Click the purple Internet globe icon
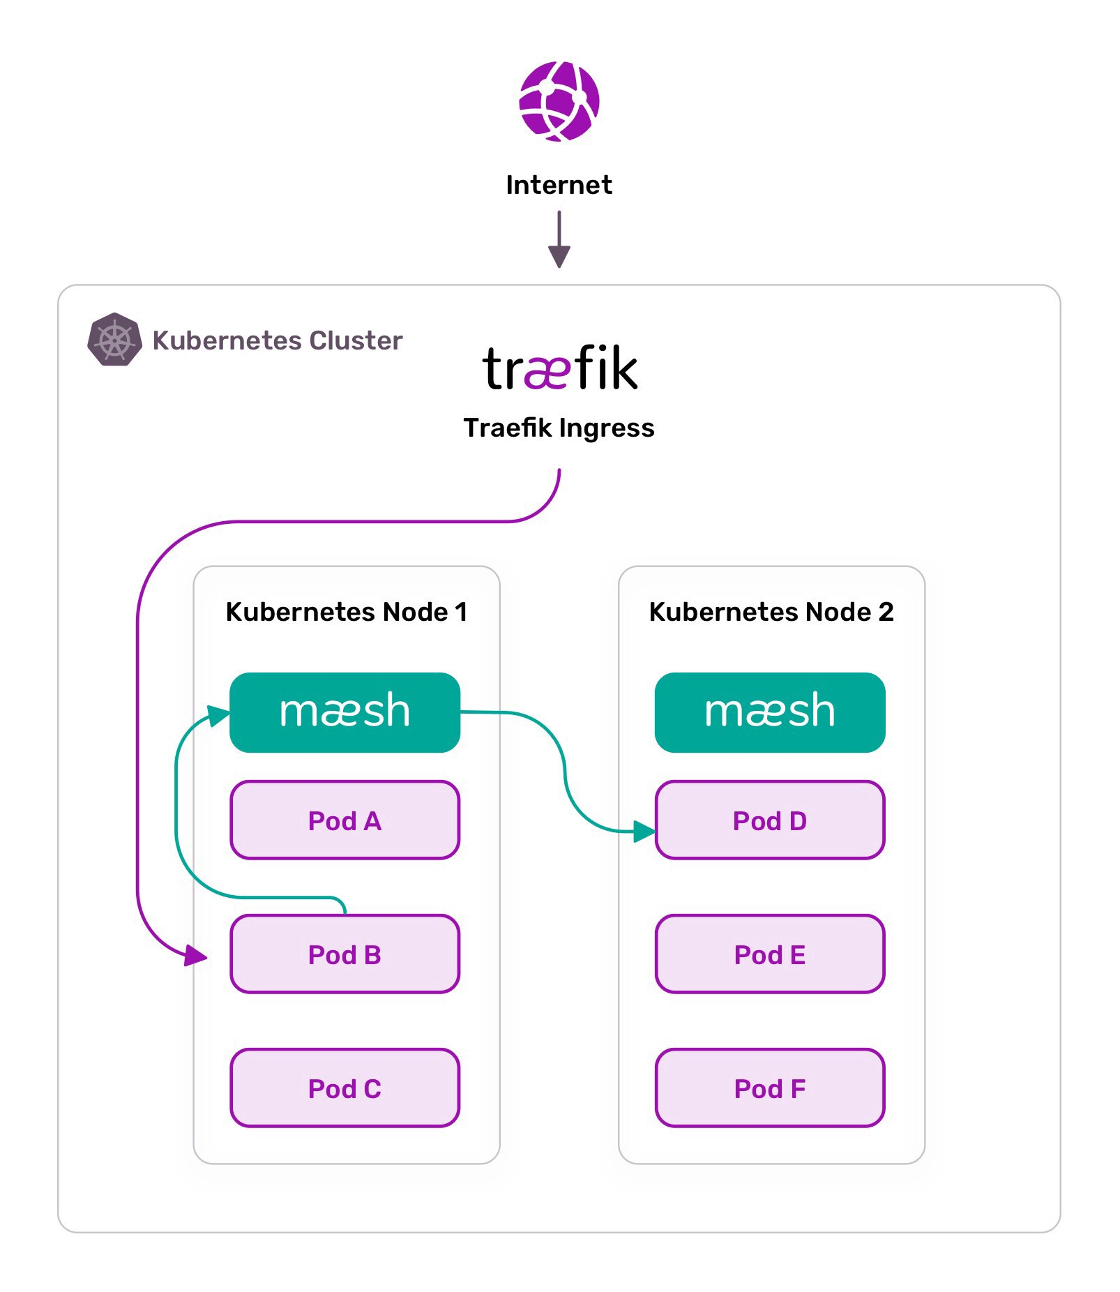(x=559, y=101)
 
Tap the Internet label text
(x=559, y=185)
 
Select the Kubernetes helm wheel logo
(x=114, y=340)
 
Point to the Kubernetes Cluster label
(x=278, y=340)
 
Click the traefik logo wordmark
(x=560, y=368)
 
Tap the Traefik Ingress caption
(x=559, y=428)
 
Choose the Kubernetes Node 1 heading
(x=347, y=612)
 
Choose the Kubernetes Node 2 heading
(x=771, y=612)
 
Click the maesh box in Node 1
(x=345, y=712)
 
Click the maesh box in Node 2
(x=770, y=712)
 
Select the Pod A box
(x=345, y=820)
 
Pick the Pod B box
(x=345, y=954)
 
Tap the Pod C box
(x=345, y=1088)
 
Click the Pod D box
(x=770, y=820)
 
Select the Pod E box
(x=770, y=954)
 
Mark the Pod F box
(x=770, y=1088)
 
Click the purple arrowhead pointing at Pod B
(x=196, y=955)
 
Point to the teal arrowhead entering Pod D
(x=644, y=831)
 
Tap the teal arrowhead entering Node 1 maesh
(x=219, y=716)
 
